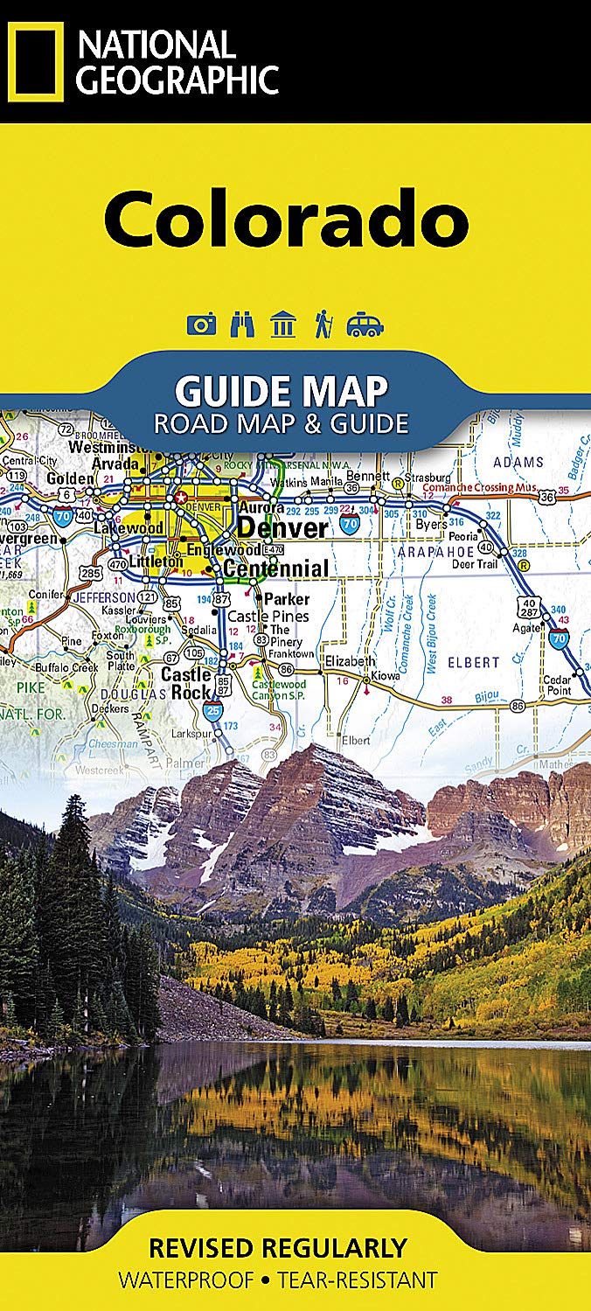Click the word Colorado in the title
(286, 218)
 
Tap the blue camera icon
(201, 325)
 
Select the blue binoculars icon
(241, 325)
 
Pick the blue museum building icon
(283, 325)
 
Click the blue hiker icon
(323, 325)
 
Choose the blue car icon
(365, 325)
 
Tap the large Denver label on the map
(282, 528)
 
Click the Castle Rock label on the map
(185, 683)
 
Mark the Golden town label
(70, 478)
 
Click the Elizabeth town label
(375, 661)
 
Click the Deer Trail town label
(473, 564)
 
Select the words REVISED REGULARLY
(277, 1247)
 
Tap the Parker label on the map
(287, 599)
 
